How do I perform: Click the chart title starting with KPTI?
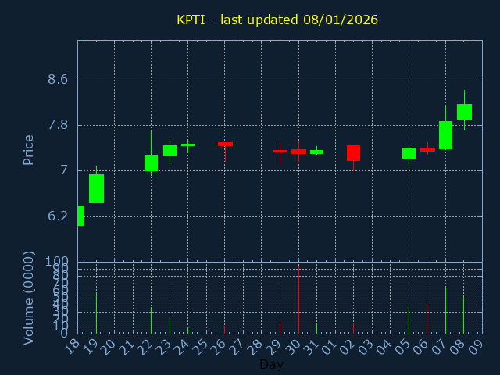[x=277, y=20]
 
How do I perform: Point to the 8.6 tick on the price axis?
[x=58, y=80]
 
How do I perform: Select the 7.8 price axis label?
[x=58, y=125]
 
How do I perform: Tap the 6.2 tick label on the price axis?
[x=58, y=216]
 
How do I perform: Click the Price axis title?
[x=29, y=150]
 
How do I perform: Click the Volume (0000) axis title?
[x=29, y=298]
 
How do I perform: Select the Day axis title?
[x=271, y=364]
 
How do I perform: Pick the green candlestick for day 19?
[x=96, y=188]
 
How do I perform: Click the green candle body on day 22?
[x=151, y=162]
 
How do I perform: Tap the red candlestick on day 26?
[x=225, y=144]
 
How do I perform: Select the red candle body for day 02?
[x=353, y=153]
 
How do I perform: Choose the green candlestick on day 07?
[x=445, y=135]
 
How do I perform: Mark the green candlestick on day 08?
[x=464, y=112]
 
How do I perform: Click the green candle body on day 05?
[x=409, y=153]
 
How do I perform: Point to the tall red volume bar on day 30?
[x=298, y=299]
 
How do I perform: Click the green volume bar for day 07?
[x=445, y=310]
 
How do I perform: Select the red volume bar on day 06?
[x=427, y=319]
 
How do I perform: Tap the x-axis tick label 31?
[x=315, y=345]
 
